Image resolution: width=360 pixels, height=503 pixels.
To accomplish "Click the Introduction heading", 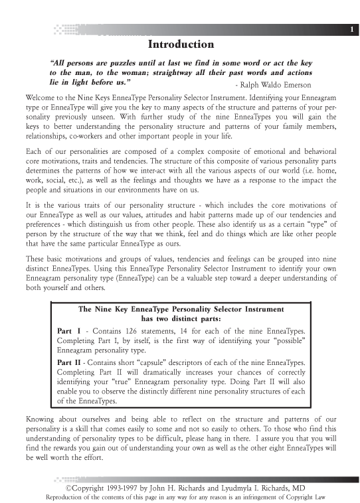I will (181, 44).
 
